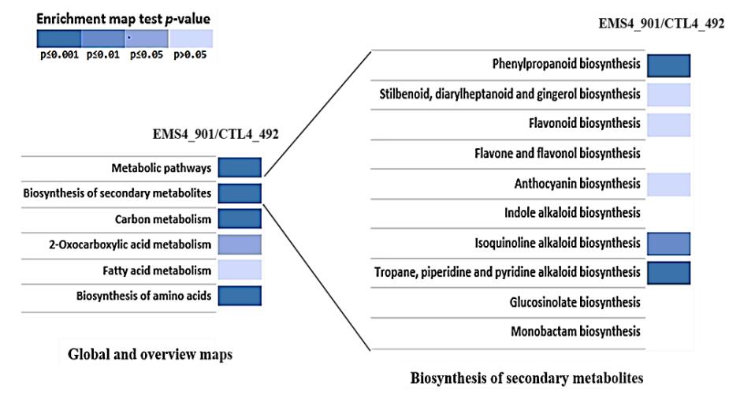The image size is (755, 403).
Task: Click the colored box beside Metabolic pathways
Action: (x=239, y=167)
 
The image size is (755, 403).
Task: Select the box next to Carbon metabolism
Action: (x=239, y=218)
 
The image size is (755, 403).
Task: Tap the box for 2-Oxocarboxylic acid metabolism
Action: (x=239, y=244)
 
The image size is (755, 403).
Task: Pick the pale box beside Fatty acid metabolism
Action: (x=239, y=271)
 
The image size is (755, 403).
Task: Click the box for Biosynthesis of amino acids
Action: (x=239, y=296)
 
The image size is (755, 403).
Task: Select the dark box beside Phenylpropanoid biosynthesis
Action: (x=668, y=65)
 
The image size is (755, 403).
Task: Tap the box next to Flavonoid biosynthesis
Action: (x=668, y=124)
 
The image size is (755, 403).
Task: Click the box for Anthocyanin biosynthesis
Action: (x=668, y=184)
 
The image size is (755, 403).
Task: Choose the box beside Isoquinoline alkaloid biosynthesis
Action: (x=668, y=244)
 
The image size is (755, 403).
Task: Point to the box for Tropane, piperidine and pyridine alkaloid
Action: (x=668, y=272)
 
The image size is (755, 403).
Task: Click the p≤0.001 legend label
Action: (x=58, y=57)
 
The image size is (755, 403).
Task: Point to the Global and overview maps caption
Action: (x=151, y=354)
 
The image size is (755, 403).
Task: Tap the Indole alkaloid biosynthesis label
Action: (x=572, y=213)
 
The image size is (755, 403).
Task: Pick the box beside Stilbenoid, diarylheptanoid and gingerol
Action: (x=668, y=95)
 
